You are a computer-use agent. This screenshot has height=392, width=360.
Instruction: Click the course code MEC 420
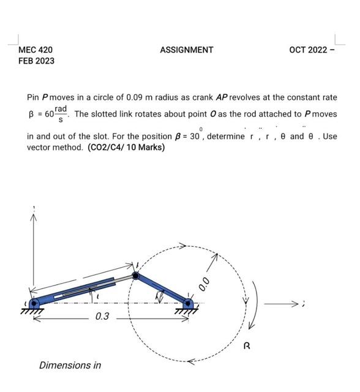36,50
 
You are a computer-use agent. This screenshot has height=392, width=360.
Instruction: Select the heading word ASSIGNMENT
187,50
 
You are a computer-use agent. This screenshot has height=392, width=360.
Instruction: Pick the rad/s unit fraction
60,113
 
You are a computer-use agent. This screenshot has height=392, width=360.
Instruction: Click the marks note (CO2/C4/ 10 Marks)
126,147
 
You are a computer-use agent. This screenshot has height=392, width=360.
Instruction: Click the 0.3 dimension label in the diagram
102,317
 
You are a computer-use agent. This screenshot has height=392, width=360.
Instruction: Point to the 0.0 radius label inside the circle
204,282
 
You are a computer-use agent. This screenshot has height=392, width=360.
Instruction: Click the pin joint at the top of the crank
135,276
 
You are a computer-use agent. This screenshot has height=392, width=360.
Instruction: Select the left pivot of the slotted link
34,303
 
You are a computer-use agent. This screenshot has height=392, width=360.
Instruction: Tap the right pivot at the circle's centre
188,302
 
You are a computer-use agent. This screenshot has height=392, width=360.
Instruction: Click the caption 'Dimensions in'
70,365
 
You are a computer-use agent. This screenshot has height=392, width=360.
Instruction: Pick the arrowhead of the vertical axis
34,218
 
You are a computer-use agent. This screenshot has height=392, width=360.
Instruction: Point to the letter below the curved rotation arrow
247,346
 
